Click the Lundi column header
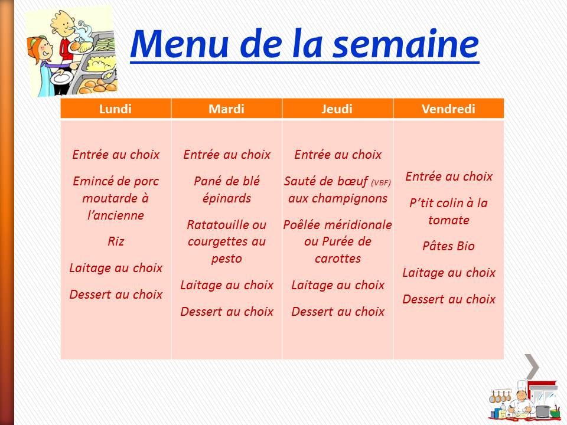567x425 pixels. point(116,109)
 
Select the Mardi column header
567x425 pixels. point(227,109)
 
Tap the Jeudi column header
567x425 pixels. point(337,109)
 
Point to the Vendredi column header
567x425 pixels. point(449,109)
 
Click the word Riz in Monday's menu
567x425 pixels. point(116,241)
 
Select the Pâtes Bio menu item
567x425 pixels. point(449,246)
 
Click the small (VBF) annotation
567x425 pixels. point(381,182)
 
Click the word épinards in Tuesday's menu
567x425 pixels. point(227,198)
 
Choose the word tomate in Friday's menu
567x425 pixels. point(449,220)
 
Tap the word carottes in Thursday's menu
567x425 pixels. point(337,259)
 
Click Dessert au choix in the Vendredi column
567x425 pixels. point(449,299)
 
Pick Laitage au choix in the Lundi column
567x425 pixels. point(116,268)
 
